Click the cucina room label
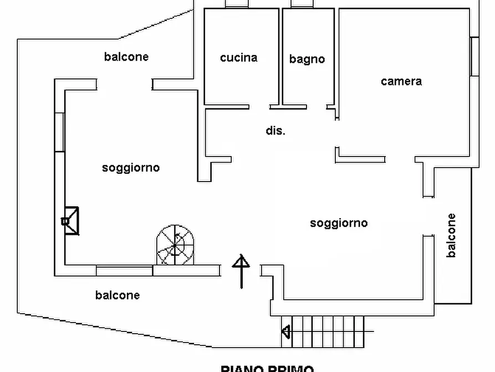(238, 58)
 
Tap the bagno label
(307, 59)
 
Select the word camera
(401, 82)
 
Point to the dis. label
(275, 131)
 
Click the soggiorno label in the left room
(131, 168)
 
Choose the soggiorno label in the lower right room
(339, 223)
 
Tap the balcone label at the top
(126, 57)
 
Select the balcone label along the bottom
(118, 295)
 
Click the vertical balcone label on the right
(451, 235)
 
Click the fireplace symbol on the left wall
(70, 220)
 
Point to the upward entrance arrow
(241, 271)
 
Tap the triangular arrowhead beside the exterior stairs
(286, 332)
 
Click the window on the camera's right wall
(474, 57)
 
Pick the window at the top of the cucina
(237, 4)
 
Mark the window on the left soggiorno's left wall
(60, 131)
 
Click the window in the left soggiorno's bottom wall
(124, 271)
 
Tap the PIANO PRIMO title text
(267, 368)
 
